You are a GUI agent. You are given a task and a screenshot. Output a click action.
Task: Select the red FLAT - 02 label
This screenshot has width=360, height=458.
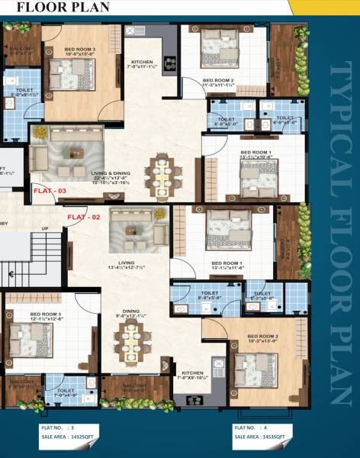[84, 218]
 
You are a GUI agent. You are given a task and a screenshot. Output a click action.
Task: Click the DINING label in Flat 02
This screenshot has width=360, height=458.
[129, 311]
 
